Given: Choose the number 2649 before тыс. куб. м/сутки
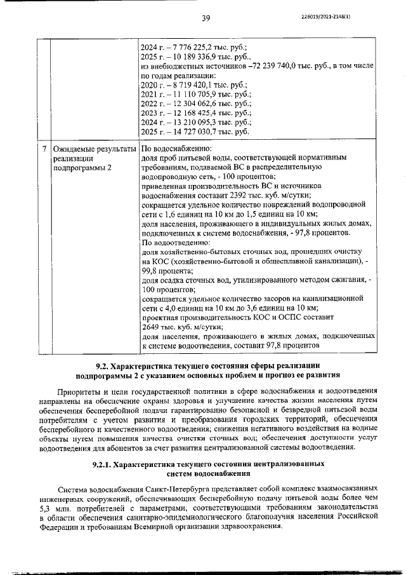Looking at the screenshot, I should point(150,326).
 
